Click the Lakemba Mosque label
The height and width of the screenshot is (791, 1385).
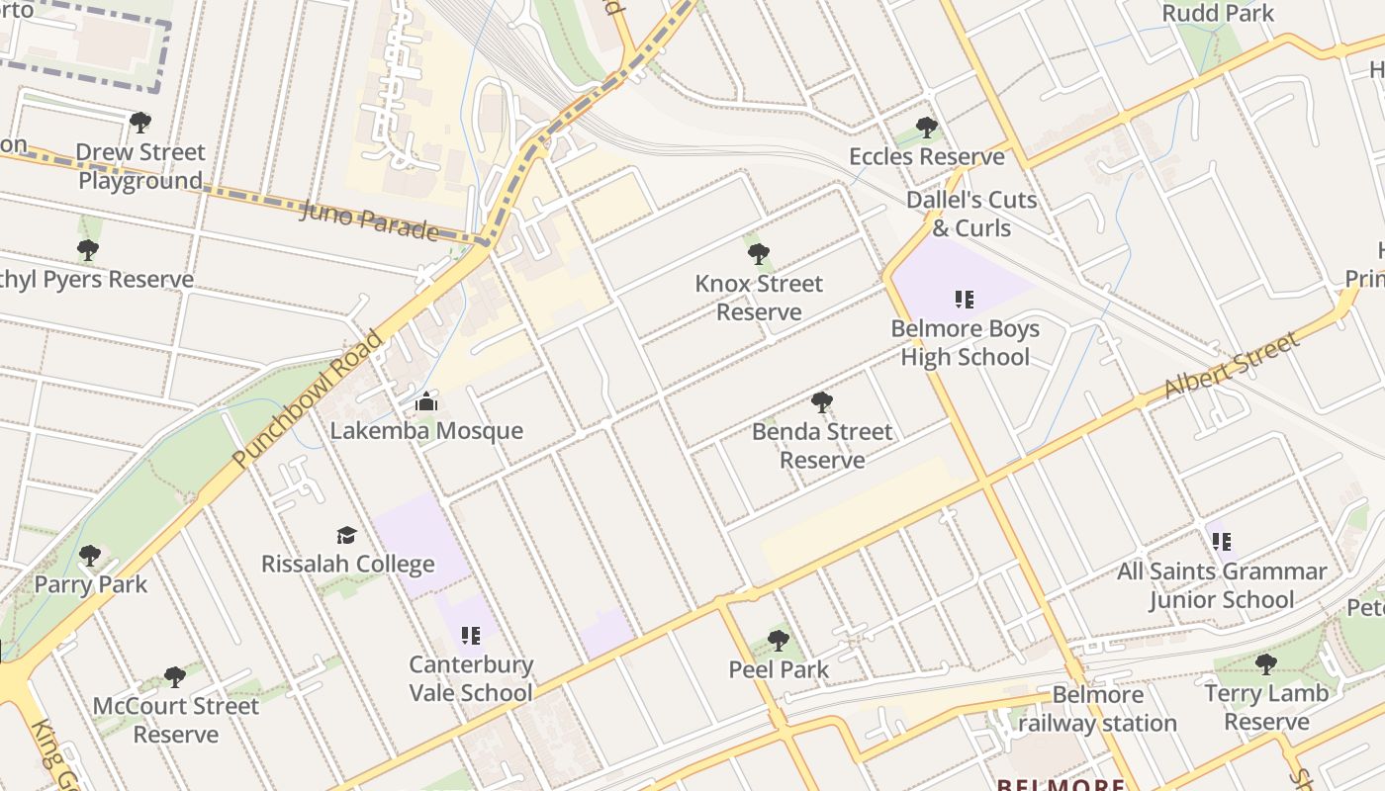coord(425,431)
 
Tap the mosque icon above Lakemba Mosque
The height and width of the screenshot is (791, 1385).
coord(426,401)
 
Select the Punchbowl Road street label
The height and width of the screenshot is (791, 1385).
coord(308,399)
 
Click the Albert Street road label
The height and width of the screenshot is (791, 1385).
coord(1231,367)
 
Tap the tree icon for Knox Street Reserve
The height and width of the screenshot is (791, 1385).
coord(759,254)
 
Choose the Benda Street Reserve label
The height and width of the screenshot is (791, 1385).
coord(822,446)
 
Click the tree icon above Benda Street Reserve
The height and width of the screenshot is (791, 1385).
coord(821,401)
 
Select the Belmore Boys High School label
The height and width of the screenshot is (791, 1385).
coord(965,343)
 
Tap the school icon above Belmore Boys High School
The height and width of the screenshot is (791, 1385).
coord(965,299)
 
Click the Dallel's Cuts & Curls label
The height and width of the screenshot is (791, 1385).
coord(971,214)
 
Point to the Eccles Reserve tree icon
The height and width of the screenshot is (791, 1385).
coord(927,128)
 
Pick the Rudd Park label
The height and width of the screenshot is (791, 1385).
coord(1218,13)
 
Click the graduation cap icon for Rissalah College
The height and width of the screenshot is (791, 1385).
coord(346,535)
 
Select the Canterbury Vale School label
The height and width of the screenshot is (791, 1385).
coord(471,678)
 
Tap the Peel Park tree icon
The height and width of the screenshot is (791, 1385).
coord(779,641)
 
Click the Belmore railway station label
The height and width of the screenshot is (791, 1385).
coord(1097,709)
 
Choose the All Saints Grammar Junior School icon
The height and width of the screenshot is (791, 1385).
coord(1222,542)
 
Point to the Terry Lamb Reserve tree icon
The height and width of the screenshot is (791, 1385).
coord(1265,663)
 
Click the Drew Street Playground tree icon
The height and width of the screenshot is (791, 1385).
coord(140,123)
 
